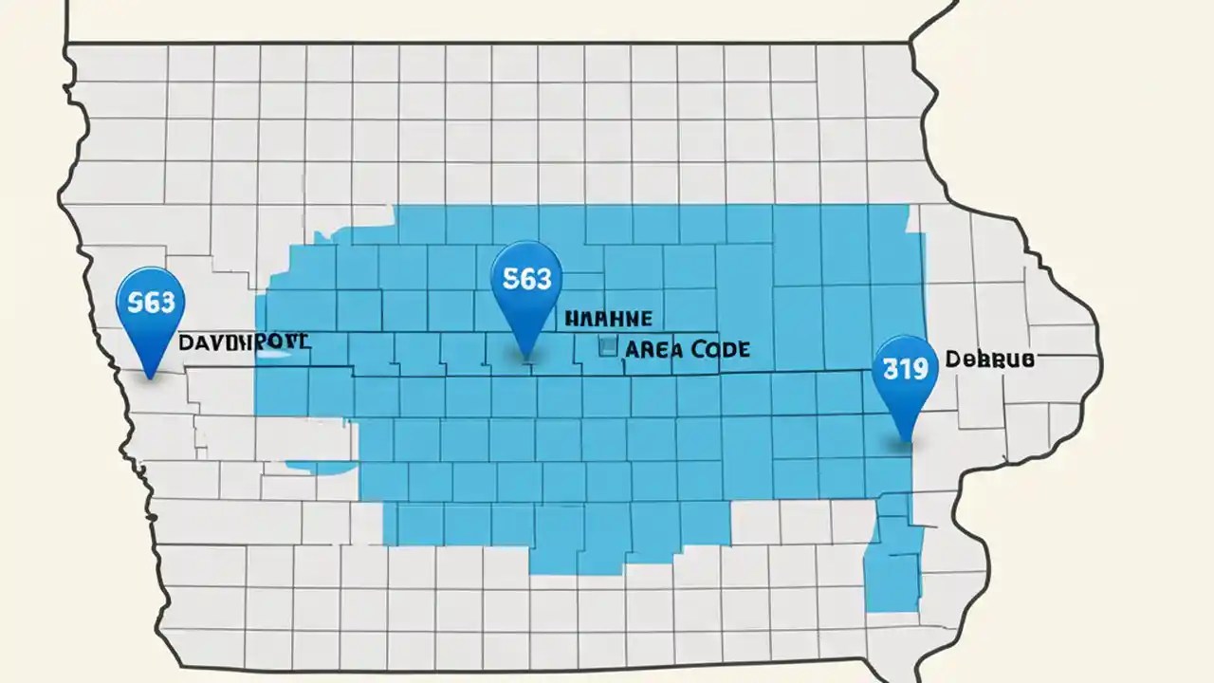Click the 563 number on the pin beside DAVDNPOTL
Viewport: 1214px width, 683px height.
point(150,302)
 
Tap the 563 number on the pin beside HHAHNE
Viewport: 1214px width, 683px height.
point(526,278)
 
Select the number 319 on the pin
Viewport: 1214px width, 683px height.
point(905,368)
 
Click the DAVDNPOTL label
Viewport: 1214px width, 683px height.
point(244,341)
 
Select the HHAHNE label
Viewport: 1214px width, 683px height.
point(607,319)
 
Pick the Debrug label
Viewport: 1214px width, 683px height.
point(989,360)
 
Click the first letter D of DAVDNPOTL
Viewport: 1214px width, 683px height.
point(186,341)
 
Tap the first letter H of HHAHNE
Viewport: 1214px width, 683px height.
point(570,319)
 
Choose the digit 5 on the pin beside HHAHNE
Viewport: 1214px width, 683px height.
point(510,278)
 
